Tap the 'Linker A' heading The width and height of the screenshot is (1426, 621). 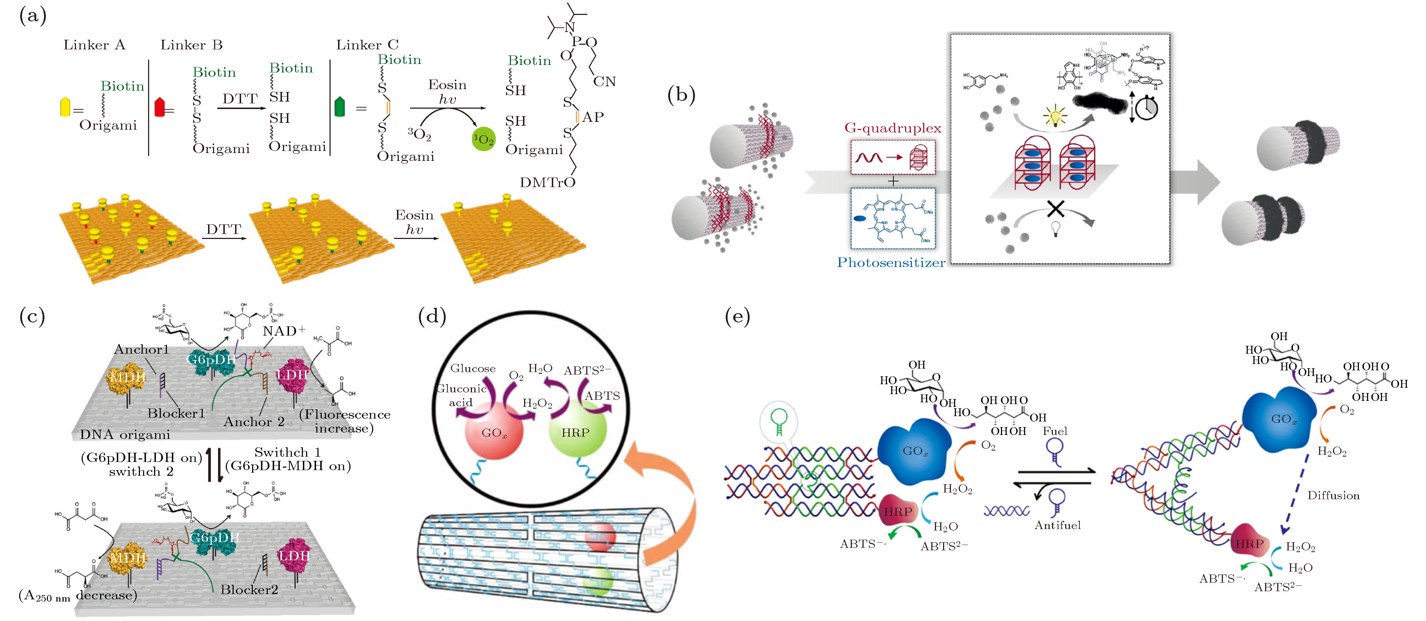94,45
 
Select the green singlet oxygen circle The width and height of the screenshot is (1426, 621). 483,139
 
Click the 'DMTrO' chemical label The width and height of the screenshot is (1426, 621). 547,183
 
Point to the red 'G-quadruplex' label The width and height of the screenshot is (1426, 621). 892,128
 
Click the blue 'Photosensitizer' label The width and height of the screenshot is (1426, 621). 891,262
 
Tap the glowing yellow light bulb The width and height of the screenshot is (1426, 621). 1055,117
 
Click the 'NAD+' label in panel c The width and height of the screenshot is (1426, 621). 283,331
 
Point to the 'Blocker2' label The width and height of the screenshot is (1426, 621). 249,589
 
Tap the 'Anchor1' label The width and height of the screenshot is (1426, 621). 141,349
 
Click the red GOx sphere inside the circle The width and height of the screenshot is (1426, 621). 494,431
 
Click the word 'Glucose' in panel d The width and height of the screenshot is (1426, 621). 473,368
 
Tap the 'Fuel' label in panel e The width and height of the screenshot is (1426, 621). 1055,431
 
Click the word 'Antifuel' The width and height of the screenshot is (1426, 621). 1057,525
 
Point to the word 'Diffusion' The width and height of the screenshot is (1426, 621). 1333,495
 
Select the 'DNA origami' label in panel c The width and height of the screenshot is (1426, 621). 125,435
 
